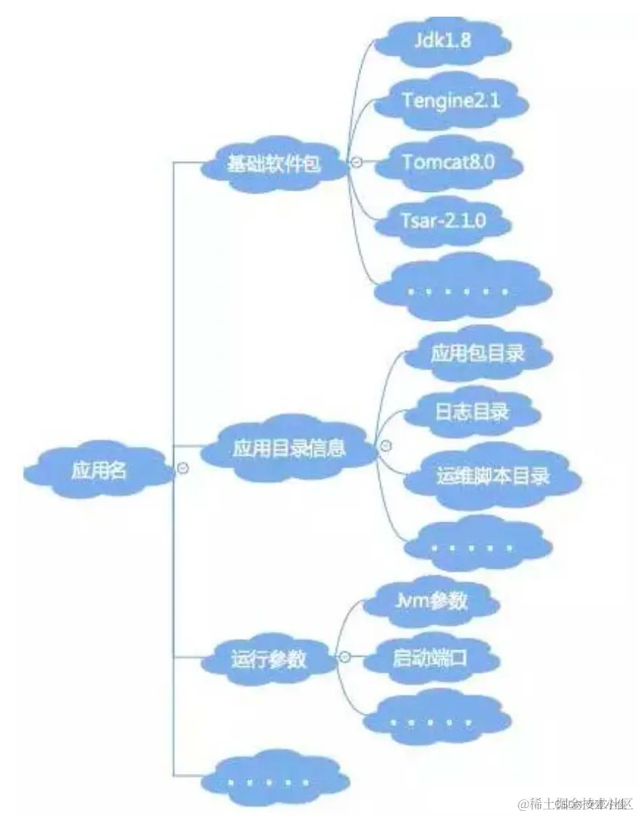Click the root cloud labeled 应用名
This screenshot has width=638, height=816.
click(x=99, y=470)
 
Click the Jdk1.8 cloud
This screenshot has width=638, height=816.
click(x=442, y=40)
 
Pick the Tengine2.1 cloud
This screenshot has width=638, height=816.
click(x=451, y=101)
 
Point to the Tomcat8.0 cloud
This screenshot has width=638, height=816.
click(x=448, y=162)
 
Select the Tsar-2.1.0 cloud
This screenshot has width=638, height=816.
click(x=442, y=221)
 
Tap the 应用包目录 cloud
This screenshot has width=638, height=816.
click(x=477, y=354)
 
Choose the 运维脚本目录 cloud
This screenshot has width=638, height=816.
click(x=493, y=475)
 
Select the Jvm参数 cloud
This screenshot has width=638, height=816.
click(x=432, y=601)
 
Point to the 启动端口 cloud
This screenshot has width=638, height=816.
click(x=429, y=659)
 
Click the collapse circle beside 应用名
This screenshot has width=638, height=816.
click(x=183, y=469)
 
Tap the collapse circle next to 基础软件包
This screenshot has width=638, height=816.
click(x=356, y=162)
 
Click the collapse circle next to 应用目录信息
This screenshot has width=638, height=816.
click(x=386, y=444)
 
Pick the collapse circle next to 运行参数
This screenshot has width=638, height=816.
click(x=345, y=657)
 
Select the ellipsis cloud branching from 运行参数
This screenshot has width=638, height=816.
click(x=431, y=721)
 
